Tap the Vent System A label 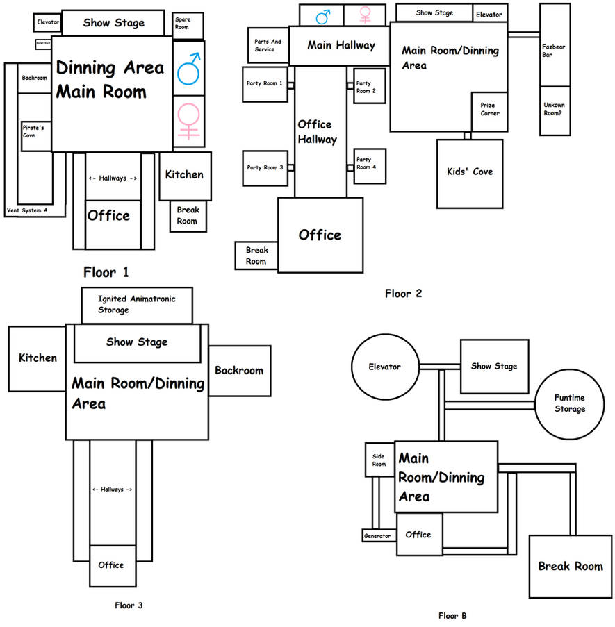point(27,210)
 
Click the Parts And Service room point(268,45)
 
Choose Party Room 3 point(265,167)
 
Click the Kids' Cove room point(470,172)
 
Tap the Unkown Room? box point(554,110)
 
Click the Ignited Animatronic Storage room point(136,305)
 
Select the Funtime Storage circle point(569,403)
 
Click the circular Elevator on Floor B point(385,367)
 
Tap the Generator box point(377,536)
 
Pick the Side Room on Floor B point(379,460)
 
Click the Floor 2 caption point(403,294)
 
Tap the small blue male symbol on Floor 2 point(322,14)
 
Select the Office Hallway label point(317,132)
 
